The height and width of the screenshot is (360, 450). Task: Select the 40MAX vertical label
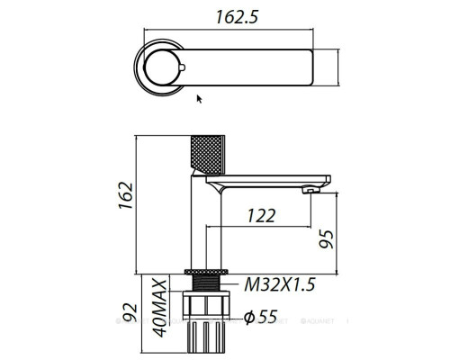pyautogui.click(x=159, y=308)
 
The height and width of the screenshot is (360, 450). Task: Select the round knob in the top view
pyautogui.click(x=166, y=66)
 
